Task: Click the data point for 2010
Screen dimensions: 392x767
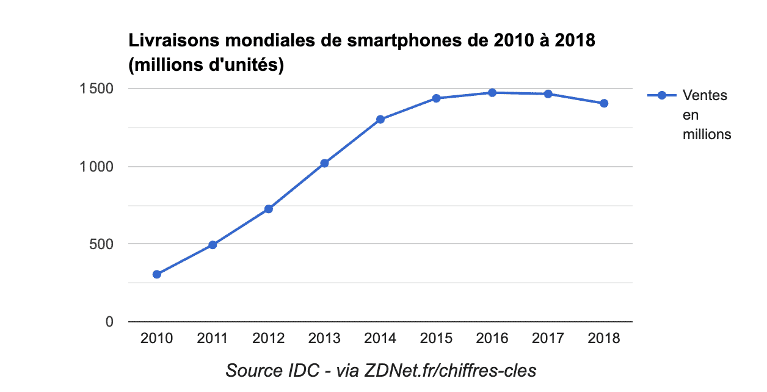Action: (x=157, y=274)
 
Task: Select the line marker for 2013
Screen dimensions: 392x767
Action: (x=324, y=163)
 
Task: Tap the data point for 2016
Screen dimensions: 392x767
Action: (x=492, y=93)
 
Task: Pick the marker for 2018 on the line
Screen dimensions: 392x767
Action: (x=604, y=103)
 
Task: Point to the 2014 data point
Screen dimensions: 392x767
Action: (x=380, y=119)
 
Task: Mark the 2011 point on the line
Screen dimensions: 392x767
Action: (x=213, y=245)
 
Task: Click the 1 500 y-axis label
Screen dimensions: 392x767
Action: (x=97, y=89)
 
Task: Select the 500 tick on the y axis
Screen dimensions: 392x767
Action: (x=102, y=244)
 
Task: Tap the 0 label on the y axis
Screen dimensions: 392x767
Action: (x=109, y=322)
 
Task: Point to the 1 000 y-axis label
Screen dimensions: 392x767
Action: (x=97, y=167)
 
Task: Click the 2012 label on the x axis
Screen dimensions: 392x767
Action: (x=269, y=338)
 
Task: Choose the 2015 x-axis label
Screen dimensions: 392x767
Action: (x=436, y=338)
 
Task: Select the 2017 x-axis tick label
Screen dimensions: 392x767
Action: (x=548, y=338)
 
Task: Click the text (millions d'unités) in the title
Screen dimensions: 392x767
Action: (x=206, y=65)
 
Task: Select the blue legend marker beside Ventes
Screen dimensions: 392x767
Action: (x=661, y=95)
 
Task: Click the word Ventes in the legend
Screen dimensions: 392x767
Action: (x=705, y=95)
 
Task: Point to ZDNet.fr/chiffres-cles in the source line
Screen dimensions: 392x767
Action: (x=451, y=371)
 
